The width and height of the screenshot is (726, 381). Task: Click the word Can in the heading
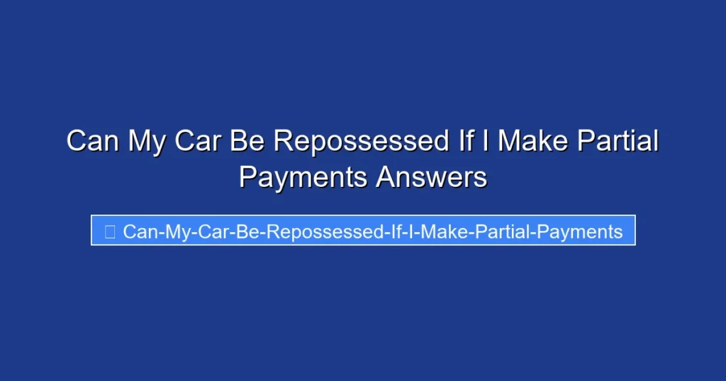92,141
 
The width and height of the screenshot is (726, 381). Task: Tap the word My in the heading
146,141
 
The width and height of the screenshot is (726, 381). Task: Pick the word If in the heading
462,141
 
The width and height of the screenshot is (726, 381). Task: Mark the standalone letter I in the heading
486,141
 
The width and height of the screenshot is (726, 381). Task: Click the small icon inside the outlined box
110,232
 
